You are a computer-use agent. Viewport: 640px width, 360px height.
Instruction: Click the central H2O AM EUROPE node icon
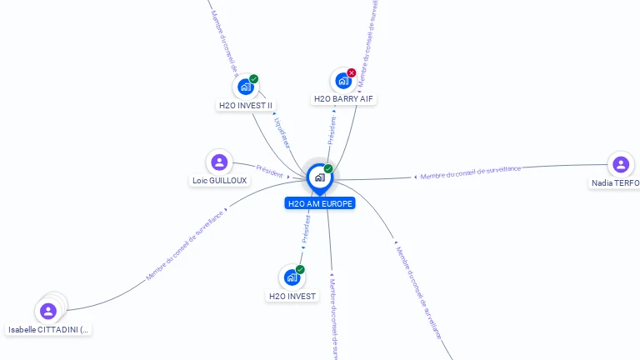319,177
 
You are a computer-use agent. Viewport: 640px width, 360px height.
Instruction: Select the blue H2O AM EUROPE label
320,203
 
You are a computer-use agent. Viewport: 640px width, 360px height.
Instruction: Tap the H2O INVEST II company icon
245,87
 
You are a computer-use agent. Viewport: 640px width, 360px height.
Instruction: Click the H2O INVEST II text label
246,106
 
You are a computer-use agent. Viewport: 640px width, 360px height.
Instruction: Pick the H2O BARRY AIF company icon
342,81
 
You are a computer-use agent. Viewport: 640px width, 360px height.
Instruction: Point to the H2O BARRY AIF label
344,99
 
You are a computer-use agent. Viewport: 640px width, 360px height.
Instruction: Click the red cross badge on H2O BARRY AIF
352,73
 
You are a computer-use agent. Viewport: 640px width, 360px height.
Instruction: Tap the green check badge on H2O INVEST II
254,79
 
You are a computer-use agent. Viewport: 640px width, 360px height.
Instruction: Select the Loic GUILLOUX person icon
219,162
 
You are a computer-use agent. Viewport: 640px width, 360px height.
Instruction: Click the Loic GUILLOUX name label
220,181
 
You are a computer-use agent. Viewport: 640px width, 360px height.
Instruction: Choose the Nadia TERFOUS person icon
620,164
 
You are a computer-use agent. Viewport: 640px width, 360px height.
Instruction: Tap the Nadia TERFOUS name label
616,183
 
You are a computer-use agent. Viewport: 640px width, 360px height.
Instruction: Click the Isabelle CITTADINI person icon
48,312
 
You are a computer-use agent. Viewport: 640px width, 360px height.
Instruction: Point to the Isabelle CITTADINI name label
49,330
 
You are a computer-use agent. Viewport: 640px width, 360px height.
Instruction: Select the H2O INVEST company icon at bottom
292,277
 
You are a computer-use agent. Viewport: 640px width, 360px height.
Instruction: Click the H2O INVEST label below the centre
292,296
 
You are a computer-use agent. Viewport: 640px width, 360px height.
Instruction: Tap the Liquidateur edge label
282,132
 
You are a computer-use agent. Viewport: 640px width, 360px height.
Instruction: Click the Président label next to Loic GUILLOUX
270,170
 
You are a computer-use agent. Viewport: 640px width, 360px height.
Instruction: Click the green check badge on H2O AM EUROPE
328,169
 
